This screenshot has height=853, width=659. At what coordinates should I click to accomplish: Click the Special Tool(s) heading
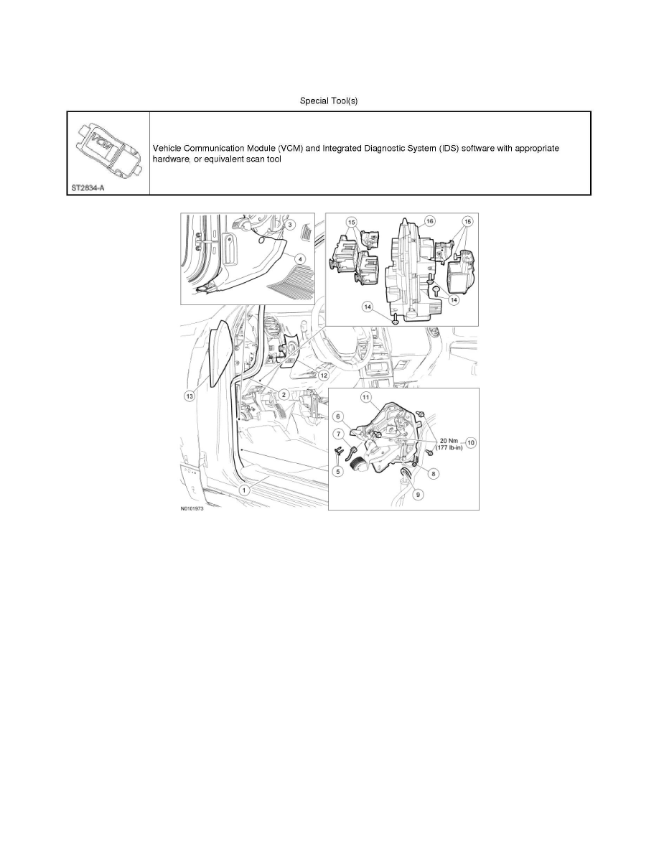coord(329,101)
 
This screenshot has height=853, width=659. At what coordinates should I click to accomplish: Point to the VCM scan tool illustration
coord(108,150)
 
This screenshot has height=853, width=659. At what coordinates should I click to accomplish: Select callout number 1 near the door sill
coord(244,490)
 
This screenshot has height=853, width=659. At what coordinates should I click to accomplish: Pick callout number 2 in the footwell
coord(285,394)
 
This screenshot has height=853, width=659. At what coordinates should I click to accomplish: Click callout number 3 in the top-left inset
coord(289,225)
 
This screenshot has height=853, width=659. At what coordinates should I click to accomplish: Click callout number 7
coord(339,434)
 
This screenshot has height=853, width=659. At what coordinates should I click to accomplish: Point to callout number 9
coord(418,494)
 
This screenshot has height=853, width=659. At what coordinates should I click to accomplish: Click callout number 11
coord(365,397)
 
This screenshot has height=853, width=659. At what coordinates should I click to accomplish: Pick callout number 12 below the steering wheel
coord(324,375)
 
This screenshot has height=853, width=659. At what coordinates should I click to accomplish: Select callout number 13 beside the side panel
coord(190,396)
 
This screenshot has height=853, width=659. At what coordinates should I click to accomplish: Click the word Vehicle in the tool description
coord(169,148)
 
